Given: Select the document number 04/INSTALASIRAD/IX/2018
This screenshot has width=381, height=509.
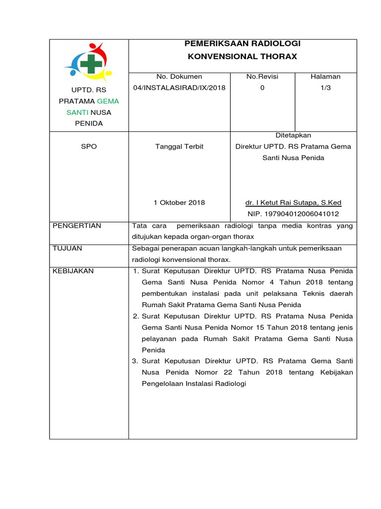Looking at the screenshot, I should coord(180,88).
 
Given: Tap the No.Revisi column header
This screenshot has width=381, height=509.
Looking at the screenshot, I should coord(262,77).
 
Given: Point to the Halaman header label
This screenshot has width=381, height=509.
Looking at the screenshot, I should coord(325,77).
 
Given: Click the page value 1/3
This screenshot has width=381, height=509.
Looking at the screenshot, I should coord(325,88).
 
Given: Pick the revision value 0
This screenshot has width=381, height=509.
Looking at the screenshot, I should coord(262,88).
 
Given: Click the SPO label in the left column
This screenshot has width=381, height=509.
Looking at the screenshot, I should coord(89,147).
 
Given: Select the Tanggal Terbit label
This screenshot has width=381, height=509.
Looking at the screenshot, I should coord(180,147).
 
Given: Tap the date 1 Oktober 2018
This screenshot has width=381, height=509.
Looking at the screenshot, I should coord(180,203).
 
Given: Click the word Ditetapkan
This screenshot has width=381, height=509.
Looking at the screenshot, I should coord(293,135).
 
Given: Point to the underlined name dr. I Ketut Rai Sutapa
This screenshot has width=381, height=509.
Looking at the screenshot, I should coord(293,203).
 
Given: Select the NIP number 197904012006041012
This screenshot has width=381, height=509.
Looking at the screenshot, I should coord(293,214).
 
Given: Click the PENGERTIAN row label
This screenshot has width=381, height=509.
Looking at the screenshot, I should coord(77,226).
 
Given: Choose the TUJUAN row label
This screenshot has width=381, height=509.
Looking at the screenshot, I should coord(67,248).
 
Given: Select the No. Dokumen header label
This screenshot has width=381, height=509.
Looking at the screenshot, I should coord(180,77).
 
